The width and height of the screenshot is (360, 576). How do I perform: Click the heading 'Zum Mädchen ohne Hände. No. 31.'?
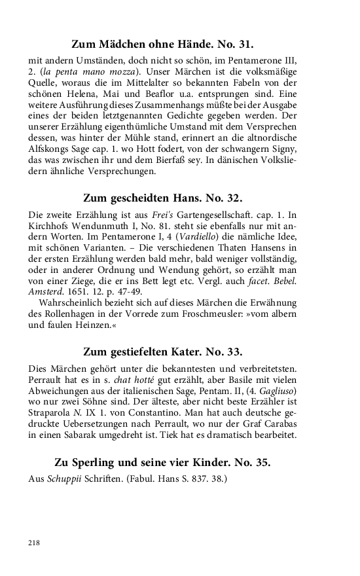(162, 45)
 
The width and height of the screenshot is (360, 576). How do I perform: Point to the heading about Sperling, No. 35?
(162, 462)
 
